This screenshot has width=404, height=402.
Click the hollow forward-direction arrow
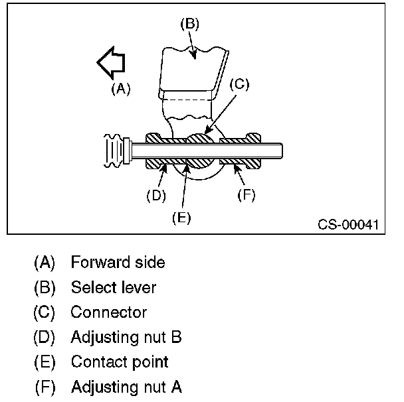(x=111, y=64)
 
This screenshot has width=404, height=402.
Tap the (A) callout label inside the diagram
(x=120, y=89)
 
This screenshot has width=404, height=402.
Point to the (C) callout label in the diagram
(x=239, y=84)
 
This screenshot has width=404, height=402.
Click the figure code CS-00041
(x=346, y=224)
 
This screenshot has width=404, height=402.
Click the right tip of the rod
(x=282, y=151)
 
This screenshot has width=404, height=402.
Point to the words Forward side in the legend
(x=118, y=262)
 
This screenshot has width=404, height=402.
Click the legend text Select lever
(x=113, y=287)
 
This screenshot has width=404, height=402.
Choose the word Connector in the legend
(x=108, y=312)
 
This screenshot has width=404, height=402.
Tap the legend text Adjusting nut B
(x=126, y=337)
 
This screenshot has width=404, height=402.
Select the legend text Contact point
(x=119, y=362)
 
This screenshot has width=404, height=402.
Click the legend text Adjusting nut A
(x=126, y=386)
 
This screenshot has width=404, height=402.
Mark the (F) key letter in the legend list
(x=45, y=386)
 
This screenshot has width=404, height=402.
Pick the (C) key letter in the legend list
(x=45, y=312)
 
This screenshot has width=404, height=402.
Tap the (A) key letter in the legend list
(x=45, y=262)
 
